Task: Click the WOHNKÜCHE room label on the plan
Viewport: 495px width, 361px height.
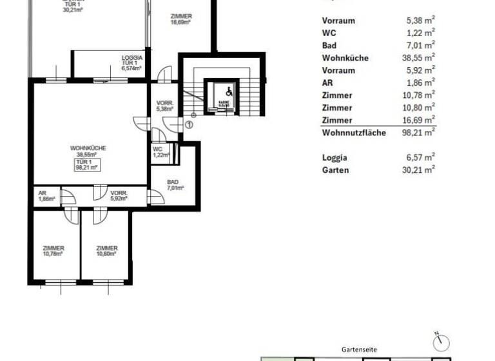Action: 88,151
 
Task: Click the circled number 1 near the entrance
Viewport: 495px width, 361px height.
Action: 189,124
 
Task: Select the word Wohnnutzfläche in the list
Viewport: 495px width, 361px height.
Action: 354,133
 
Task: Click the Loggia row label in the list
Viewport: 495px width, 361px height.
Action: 335,157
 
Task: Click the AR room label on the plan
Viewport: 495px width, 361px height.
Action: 43,196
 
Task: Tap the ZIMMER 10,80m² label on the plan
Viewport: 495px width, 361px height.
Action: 106,251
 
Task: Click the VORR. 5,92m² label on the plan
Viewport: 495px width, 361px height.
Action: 119,196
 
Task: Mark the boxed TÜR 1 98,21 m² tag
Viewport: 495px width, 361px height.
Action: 86,164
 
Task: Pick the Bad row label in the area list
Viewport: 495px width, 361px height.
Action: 329,46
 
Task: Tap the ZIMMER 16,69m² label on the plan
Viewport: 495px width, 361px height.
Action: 180,19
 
